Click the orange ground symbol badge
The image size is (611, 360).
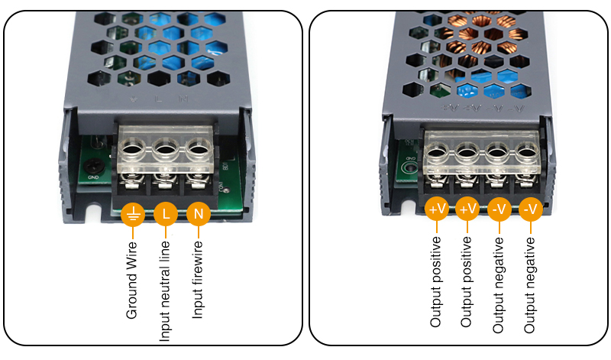(x=132, y=214)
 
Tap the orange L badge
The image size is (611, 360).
(x=166, y=214)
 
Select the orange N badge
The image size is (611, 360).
(x=199, y=214)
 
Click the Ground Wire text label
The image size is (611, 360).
(x=131, y=280)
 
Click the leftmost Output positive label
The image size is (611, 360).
(x=436, y=282)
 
